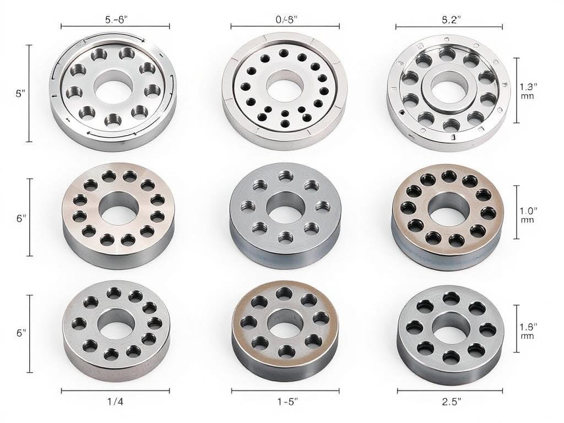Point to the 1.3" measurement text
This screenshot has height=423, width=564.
(x=529, y=86)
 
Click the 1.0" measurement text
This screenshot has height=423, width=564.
(x=529, y=210)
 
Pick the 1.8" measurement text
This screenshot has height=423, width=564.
(x=529, y=327)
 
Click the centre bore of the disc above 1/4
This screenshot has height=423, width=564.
(x=116, y=324)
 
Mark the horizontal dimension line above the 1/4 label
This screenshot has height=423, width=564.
(x=115, y=391)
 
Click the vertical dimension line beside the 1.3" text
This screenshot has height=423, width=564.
(x=516, y=90)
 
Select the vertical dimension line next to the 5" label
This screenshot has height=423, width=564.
(x=29, y=93)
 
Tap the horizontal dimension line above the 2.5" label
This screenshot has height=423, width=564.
(x=449, y=391)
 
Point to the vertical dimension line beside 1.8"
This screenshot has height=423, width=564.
(x=516, y=328)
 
